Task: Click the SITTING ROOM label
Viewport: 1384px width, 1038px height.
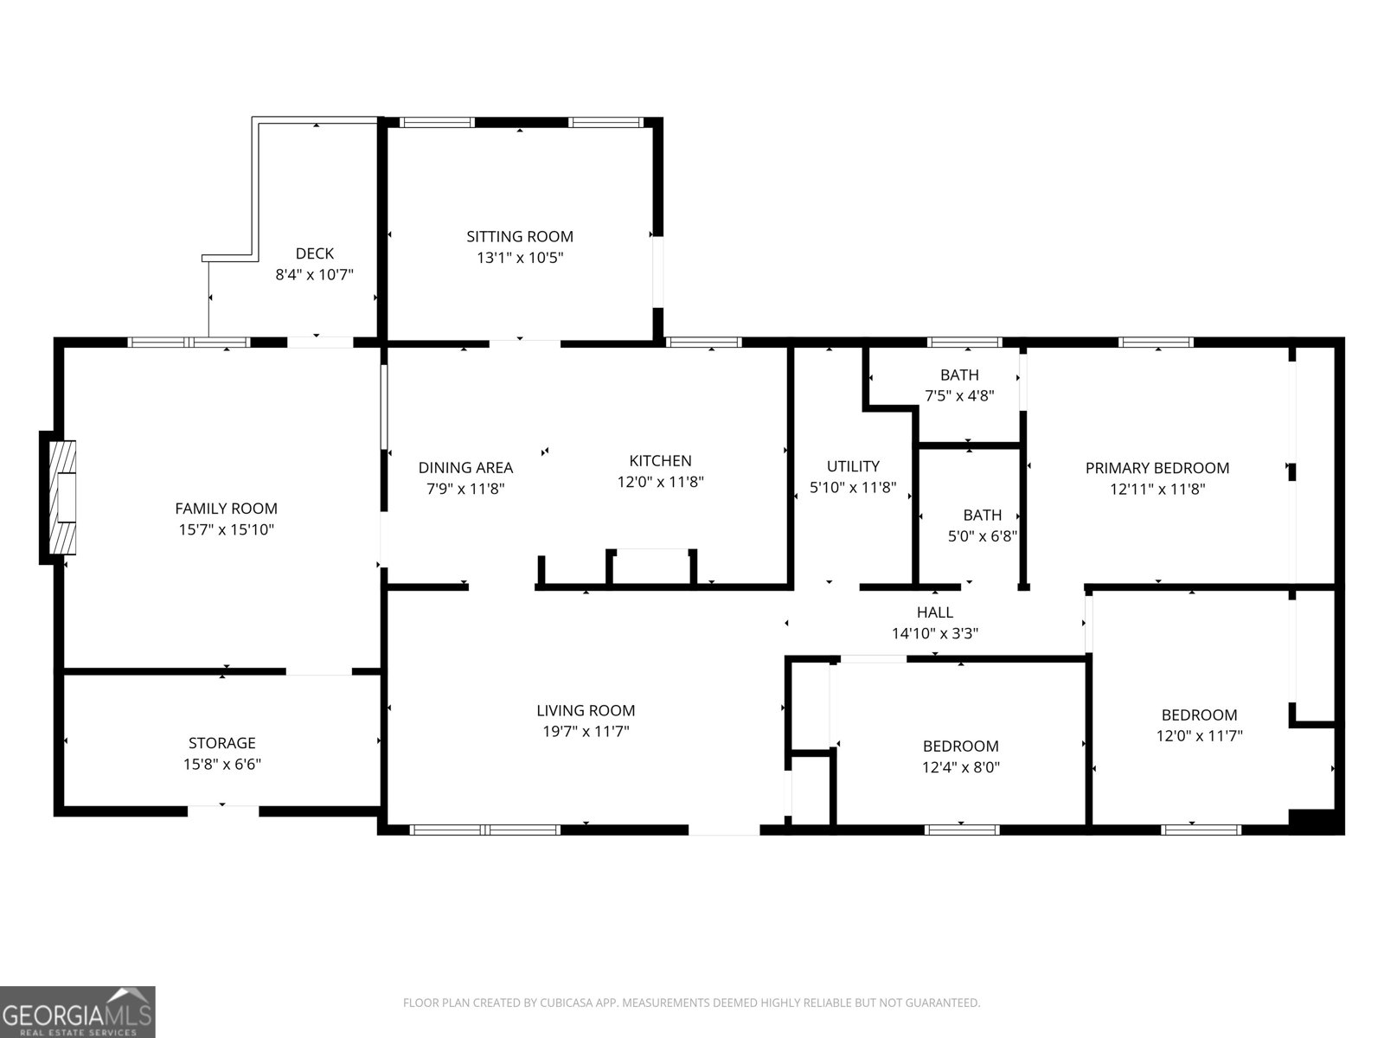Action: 520,236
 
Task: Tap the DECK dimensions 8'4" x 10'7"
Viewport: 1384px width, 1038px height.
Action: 314,275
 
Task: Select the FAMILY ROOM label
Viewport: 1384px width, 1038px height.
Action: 226,509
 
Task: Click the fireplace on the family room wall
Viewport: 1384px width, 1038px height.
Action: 61,497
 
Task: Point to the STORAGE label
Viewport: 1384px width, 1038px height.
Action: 222,743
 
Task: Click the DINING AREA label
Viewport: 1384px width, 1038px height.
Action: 465,468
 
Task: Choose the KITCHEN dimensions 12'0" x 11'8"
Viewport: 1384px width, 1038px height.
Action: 660,482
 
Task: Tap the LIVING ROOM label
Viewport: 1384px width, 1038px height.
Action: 586,711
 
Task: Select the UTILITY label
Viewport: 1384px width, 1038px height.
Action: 853,466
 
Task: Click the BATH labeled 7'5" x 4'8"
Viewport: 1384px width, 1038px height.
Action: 959,375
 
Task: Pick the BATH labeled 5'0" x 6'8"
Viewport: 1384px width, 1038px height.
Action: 982,515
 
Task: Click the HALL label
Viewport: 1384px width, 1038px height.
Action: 935,612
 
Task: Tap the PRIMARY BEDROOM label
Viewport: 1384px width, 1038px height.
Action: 1157,468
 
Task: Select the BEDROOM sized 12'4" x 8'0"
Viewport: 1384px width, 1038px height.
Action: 960,746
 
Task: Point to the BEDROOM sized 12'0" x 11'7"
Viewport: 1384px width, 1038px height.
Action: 1199,715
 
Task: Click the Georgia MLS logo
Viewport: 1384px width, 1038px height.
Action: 78,1011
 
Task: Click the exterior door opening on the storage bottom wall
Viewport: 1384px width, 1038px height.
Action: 223,811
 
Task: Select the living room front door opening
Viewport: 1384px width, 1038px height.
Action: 724,829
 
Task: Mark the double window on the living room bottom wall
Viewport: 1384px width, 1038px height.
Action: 485,830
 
